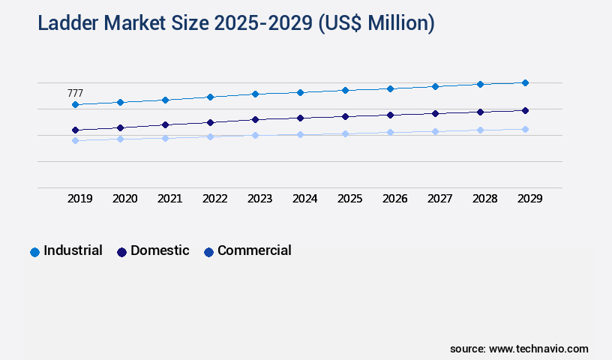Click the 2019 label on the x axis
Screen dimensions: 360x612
point(80,199)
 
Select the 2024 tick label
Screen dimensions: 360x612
point(305,199)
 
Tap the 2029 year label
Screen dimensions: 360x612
point(529,199)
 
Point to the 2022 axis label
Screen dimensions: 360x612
point(215,199)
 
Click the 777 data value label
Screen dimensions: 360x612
point(75,93)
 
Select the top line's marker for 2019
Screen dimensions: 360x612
point(75,104)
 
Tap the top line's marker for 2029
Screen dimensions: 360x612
point(525,82)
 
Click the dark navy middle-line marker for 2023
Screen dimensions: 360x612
point(255,119)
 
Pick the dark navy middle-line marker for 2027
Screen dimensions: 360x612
point(435,113)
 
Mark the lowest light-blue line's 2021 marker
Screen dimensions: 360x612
point(165,138)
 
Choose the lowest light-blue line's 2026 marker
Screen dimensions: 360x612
point(390,132)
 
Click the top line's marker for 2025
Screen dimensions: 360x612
point(345,90)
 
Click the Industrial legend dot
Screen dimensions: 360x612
point(34,252)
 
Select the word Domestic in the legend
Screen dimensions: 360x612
point(160,250)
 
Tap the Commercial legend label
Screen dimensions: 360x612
point(254,250)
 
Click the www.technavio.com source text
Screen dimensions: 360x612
point(538,349)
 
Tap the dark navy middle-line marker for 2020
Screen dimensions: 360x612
point(120,127)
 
